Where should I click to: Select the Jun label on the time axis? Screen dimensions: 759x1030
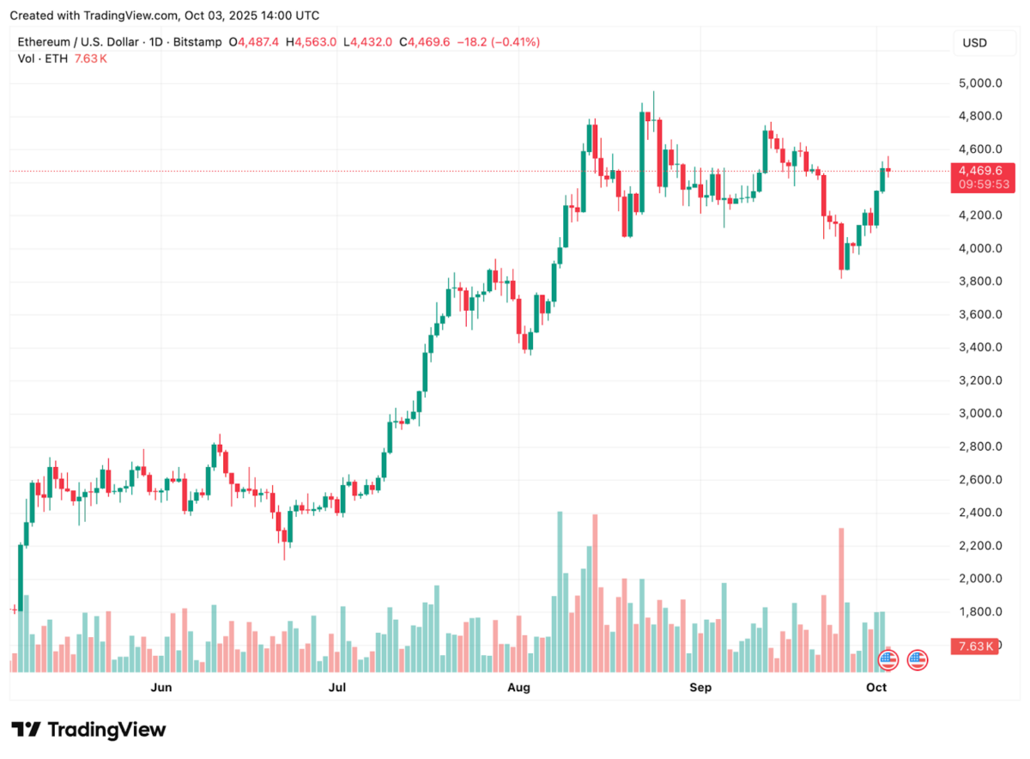click(161, 687)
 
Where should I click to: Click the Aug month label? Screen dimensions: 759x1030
click(518, 687)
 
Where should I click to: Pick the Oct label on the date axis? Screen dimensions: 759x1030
click(876, 687)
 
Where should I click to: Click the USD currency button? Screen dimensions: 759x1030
click(974, 43)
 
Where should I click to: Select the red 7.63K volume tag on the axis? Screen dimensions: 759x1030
click(976, 647)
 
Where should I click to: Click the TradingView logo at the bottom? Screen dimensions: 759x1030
click(88, 730)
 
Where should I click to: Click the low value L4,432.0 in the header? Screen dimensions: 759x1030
click(368, 42)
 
